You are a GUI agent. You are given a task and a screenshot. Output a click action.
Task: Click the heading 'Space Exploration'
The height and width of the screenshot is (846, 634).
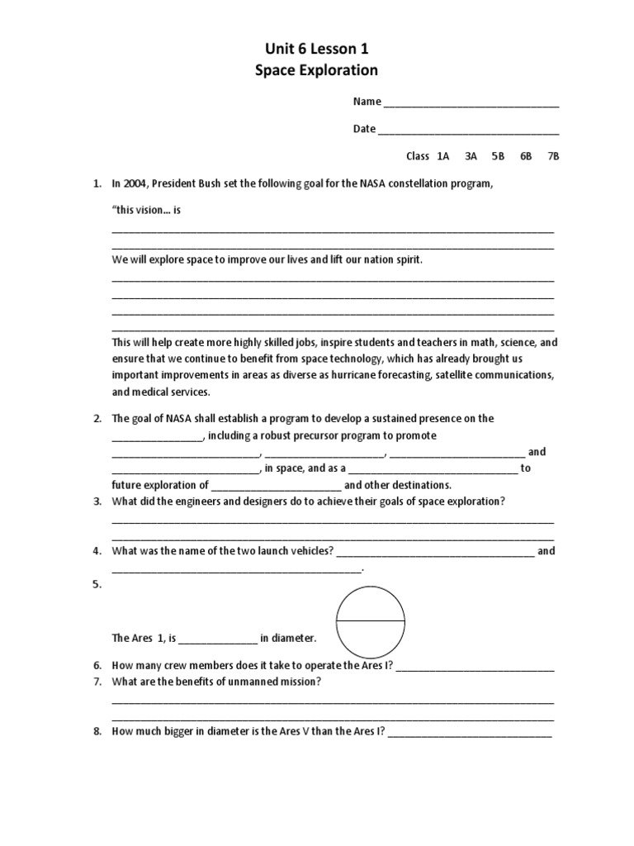[x=317, y=71]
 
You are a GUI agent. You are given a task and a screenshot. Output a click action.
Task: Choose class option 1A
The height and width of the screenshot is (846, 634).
[x=443, y=156]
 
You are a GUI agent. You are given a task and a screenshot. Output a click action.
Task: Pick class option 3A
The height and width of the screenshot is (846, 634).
[x=471, y=156]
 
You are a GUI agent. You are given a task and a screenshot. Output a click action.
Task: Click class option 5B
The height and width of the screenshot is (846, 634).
[x=498, y=156]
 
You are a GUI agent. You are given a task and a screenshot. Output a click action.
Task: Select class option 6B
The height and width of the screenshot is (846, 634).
[x=526, y=156]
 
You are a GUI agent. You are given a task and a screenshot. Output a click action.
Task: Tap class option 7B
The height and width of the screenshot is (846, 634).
[x=553, y=156]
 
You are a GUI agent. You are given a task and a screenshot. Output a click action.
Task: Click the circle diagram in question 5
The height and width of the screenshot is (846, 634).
[x=371, y=620]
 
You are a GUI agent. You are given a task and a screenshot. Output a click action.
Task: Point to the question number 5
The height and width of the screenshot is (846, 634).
[x=97, y=584]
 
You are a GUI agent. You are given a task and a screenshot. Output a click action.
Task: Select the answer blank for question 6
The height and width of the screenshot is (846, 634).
[x=475, y=668]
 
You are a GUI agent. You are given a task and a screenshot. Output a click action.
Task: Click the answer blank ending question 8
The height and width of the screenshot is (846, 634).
[x=470, y=733]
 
